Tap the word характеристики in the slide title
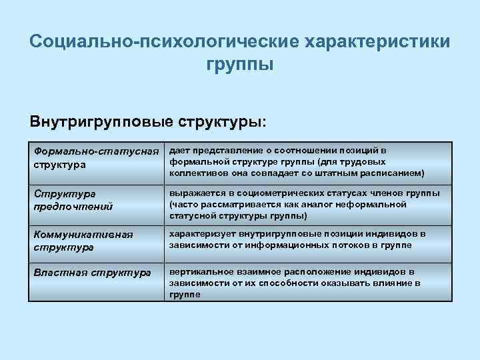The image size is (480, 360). click(x=377, y=41)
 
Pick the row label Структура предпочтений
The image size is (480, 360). click(x=73, y=199)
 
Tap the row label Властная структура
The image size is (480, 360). click(x=93, y=272)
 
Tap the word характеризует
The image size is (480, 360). click(x=202, y=234)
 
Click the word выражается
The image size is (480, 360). click(x=195, y=193)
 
